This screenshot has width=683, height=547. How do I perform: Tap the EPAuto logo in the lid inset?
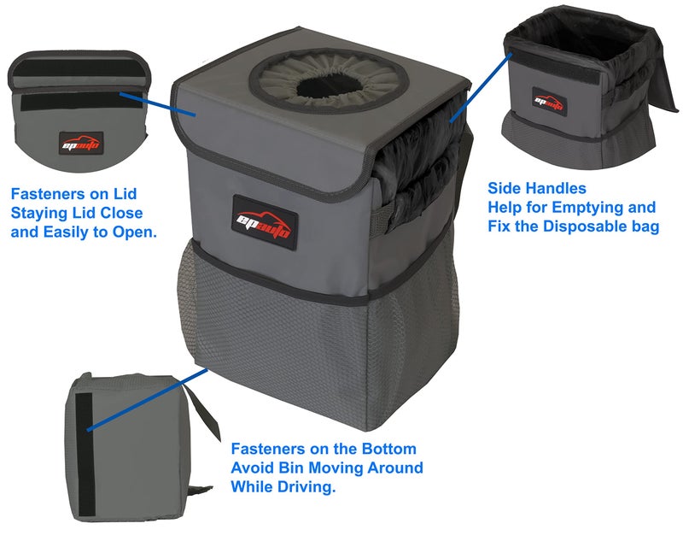click(82, 143)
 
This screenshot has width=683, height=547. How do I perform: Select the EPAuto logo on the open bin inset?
click(549, 100)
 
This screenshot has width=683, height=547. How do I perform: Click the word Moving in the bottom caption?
click(341, 468)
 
